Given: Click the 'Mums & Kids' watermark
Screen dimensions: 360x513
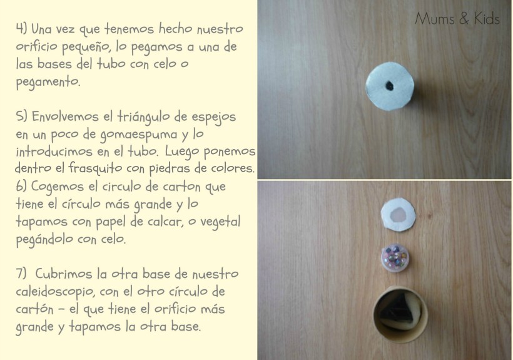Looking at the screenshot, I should tap(457, 19).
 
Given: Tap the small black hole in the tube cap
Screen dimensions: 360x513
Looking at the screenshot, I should tap(390, 85).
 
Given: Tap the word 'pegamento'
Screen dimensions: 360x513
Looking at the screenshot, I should tap(47, 82).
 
